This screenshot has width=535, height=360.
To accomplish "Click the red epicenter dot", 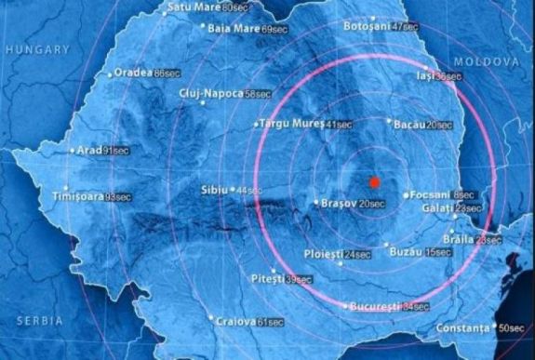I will [374, 181].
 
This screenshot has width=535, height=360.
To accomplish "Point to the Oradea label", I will [134, 73].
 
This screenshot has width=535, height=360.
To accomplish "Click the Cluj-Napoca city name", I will [213, 94].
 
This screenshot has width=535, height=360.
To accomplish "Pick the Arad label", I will [89, 149].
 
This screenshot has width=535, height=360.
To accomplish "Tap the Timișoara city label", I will [77, 196].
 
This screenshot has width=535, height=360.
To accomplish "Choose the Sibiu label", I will [214, 190].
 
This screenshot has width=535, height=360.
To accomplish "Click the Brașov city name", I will [339, 203].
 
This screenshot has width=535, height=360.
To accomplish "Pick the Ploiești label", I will [324, 254].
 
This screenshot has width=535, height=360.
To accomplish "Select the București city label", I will [378, 306].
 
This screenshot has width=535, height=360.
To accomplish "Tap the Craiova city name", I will [234, 321].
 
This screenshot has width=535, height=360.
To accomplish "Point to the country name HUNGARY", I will [32, 57].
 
